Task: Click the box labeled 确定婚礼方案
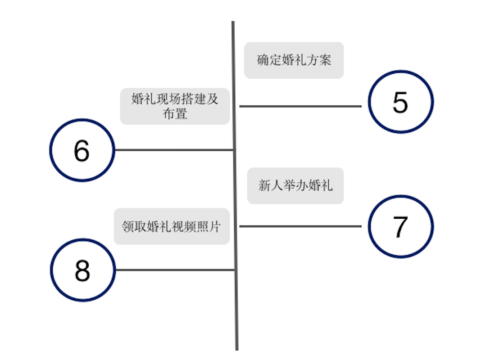[x=294, y=60]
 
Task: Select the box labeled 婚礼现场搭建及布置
[x=175, y=106]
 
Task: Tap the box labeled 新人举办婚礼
[x=295, y=186]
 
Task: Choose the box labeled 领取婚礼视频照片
[x=172, y=226]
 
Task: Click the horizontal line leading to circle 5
[x=300, y=106]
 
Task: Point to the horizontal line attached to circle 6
[x=174, y=150]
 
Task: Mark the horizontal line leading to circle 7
[x=300, y=226]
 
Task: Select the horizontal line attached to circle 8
[x=176, y=270]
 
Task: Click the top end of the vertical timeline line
[x=233, y=22]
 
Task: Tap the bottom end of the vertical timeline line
[x=237, y=350]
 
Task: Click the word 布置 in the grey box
[x=175, y=114]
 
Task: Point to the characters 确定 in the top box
[x=269, y=60]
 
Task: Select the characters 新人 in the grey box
[x=271, y=185]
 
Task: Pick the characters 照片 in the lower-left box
[x=209, y=226]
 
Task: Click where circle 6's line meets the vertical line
[x=234, y=150]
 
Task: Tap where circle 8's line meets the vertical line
[x=236, y=270]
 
